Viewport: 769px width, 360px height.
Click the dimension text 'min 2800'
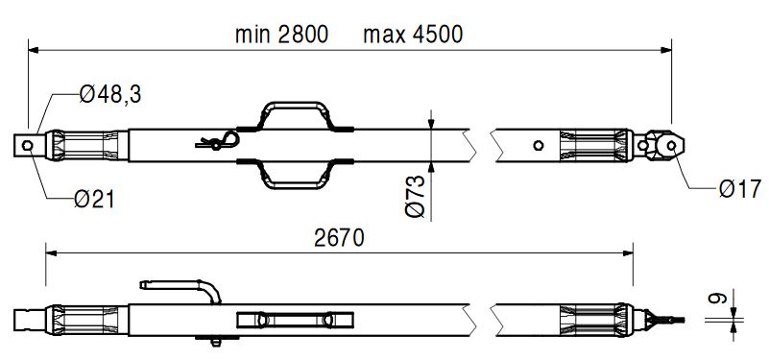(x=281, y=35)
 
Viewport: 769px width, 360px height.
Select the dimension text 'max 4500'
(x=413, y=35)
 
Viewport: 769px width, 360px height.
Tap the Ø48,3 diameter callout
(x=110, y=94)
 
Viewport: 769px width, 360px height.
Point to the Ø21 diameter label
(x=94, y=200)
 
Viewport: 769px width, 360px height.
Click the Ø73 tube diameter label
(x=416, y=196)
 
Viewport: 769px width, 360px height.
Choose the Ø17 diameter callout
(x=740, y=189)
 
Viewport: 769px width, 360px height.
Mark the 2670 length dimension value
(x=340, y=238)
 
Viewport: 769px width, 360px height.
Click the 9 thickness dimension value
(x=716, y=298)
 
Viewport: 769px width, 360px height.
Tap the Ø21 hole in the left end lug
(x=28, y=145)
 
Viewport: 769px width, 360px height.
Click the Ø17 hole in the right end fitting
(x=671, y=145)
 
